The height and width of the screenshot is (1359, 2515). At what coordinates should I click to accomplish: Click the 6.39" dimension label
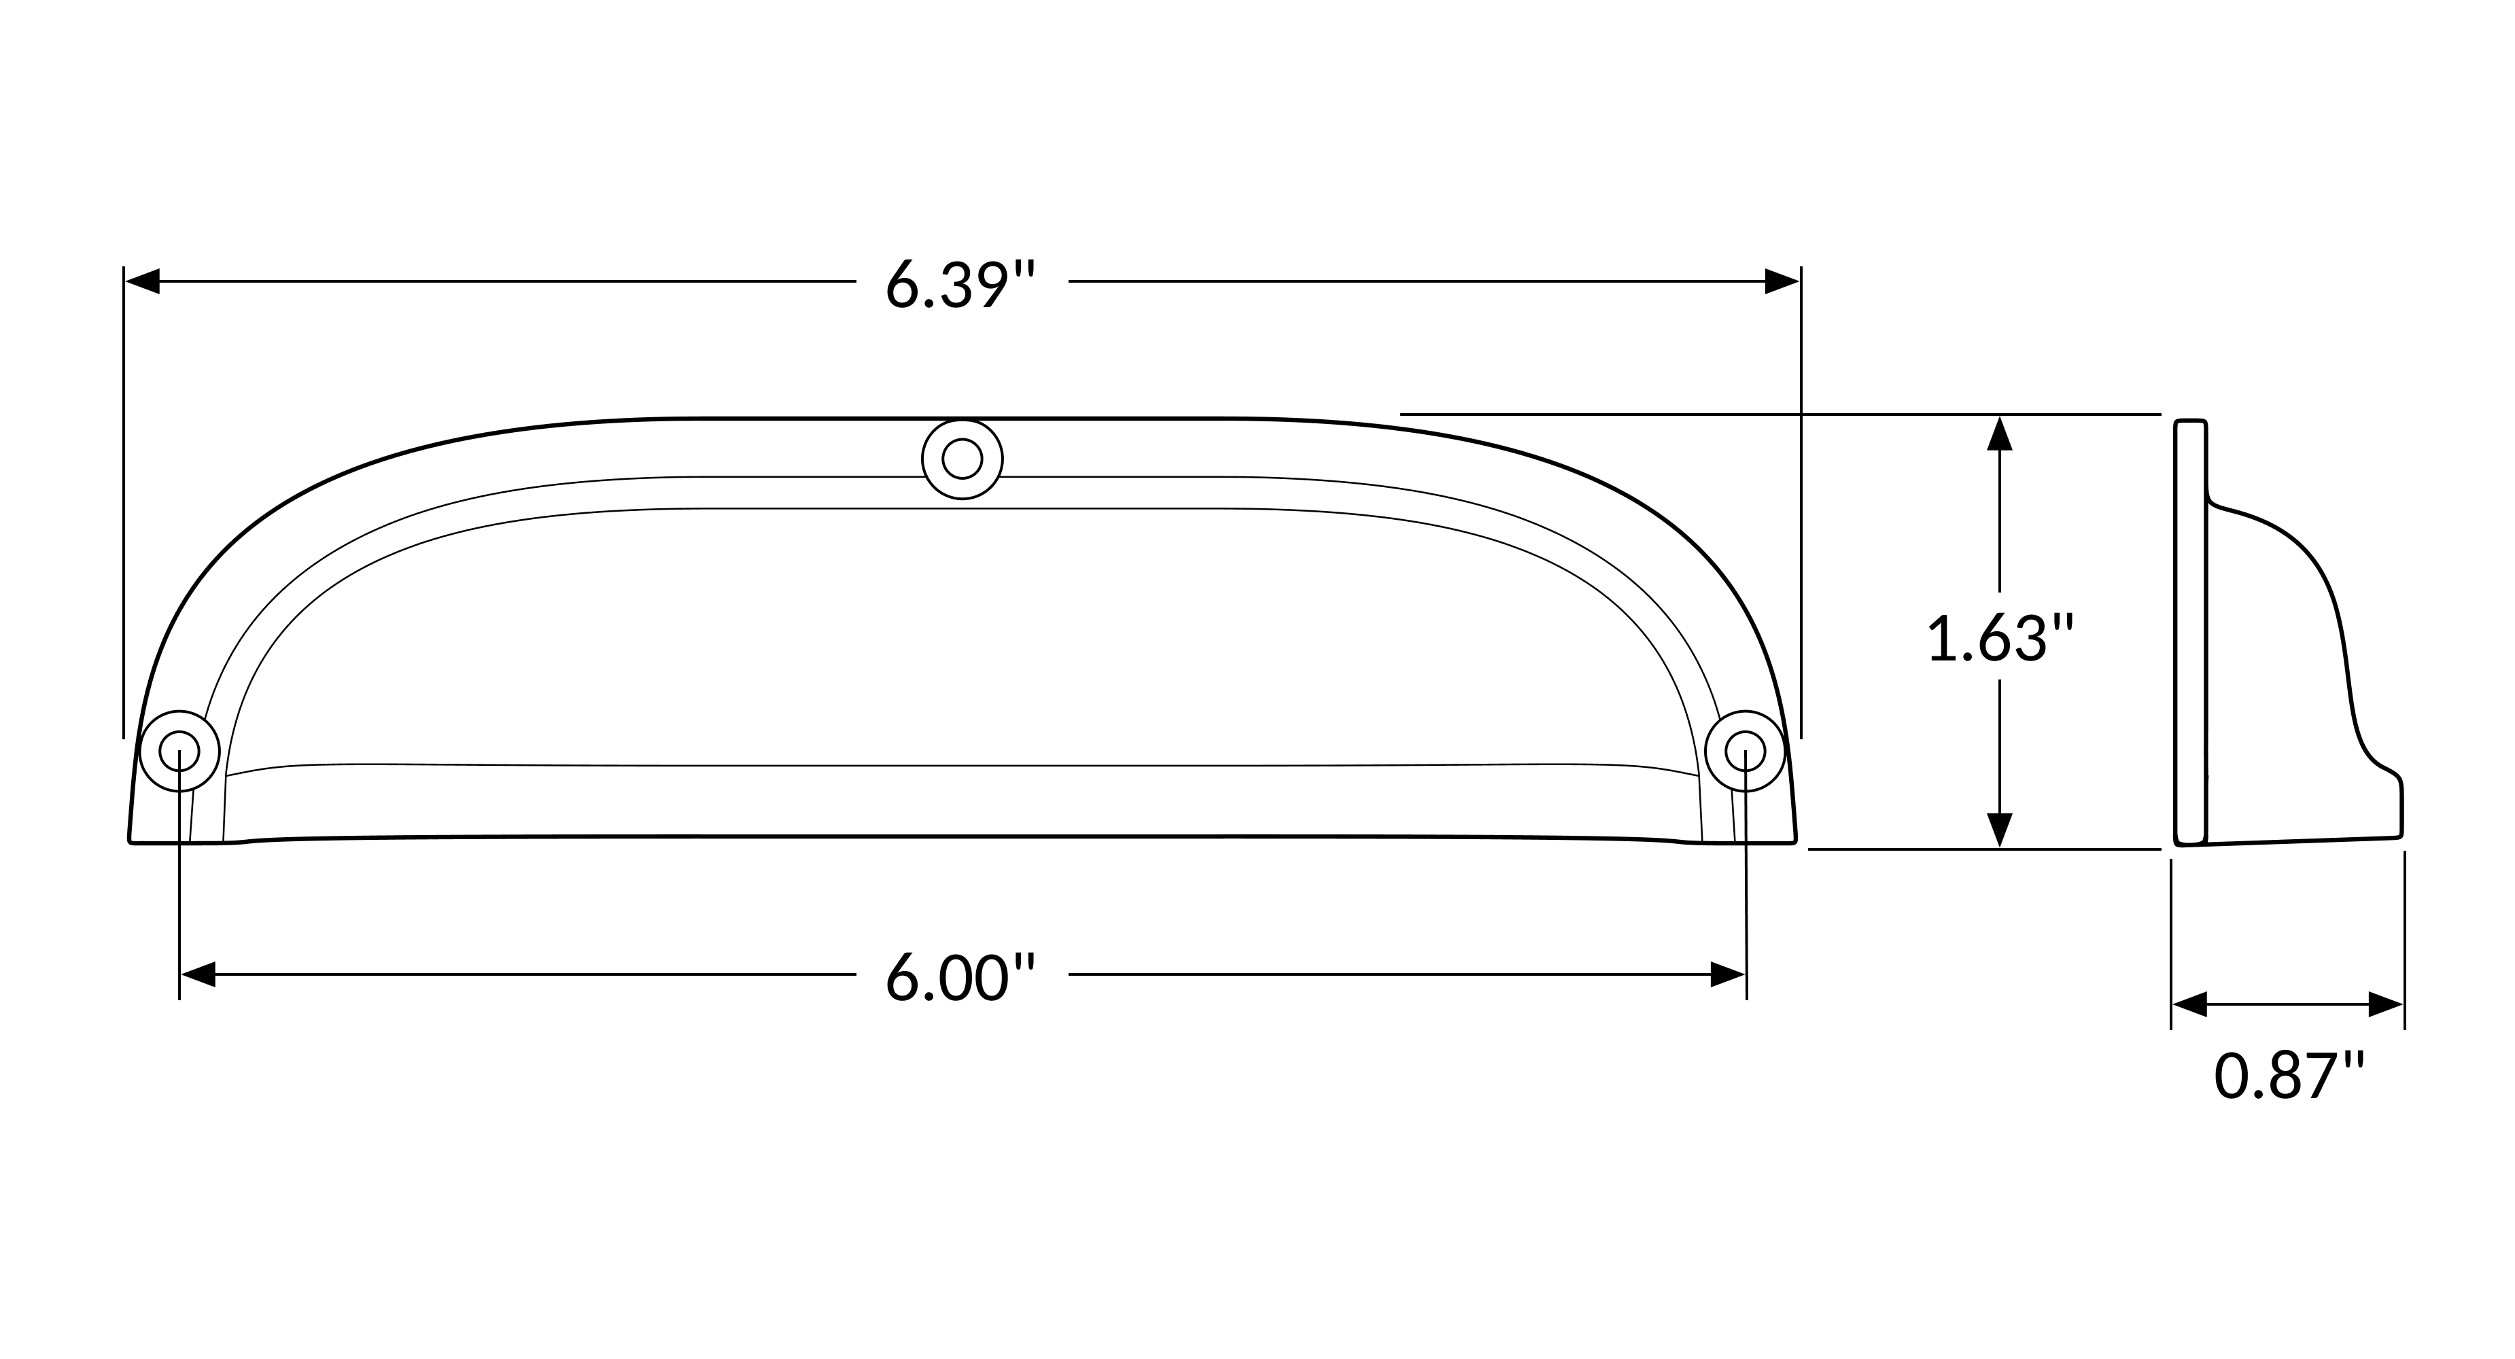coord(960,284)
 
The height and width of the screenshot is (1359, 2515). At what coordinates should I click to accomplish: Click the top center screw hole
coord(962,459)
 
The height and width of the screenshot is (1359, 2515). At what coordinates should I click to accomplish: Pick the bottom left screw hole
coord(179,751)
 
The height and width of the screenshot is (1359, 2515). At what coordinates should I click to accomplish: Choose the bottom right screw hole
coord(1745,751)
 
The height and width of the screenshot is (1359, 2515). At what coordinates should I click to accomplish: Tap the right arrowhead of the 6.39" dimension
coord(1782,281)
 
